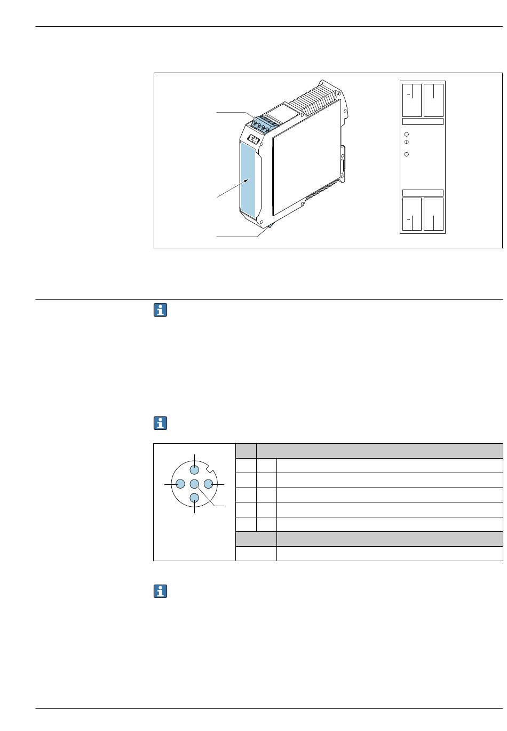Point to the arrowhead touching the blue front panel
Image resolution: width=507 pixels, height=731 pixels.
pos(246,182)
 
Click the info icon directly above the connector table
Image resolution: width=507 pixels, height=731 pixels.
pos(160,423)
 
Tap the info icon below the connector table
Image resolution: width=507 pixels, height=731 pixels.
pos(160,591)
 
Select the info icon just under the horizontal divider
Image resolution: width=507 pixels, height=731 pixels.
pos(160,310)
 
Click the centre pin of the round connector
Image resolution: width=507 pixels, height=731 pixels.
pos(194,484)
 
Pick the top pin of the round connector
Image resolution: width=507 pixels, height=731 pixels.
pos(194,470)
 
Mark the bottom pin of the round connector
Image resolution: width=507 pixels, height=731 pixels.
pos(194,499)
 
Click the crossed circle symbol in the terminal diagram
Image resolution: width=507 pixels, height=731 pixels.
pos(407,143)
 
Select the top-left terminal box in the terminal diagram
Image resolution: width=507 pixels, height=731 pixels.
pos(412,100)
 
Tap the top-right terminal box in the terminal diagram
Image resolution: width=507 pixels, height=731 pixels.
pos(433,100)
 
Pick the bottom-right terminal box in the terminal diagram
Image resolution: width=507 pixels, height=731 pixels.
pos(433,215)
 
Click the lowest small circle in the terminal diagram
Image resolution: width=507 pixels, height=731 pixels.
pos(407,154)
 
